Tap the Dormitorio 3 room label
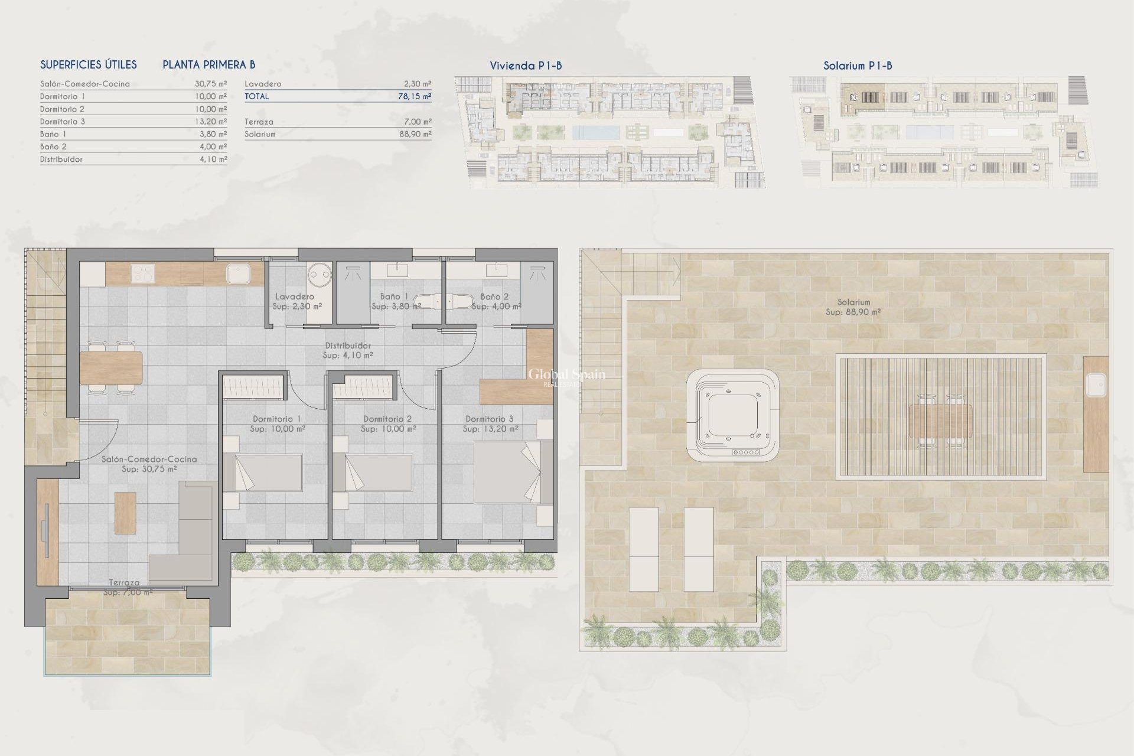pos(490,419)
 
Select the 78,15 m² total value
pos(414,96)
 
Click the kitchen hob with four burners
pos(142,273)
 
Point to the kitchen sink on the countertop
pos(237,274)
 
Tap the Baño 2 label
pos(494,297)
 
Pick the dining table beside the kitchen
pos(111,367)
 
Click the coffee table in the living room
pos(125,513)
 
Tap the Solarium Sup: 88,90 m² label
pos(853,307)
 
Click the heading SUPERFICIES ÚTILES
pos(89,65)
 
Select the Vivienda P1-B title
pos(526,66)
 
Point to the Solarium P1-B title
pos(857,66)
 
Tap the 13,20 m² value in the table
pos(211,122)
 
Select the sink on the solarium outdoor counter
pos(1096,386)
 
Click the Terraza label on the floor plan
pos(124,582)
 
